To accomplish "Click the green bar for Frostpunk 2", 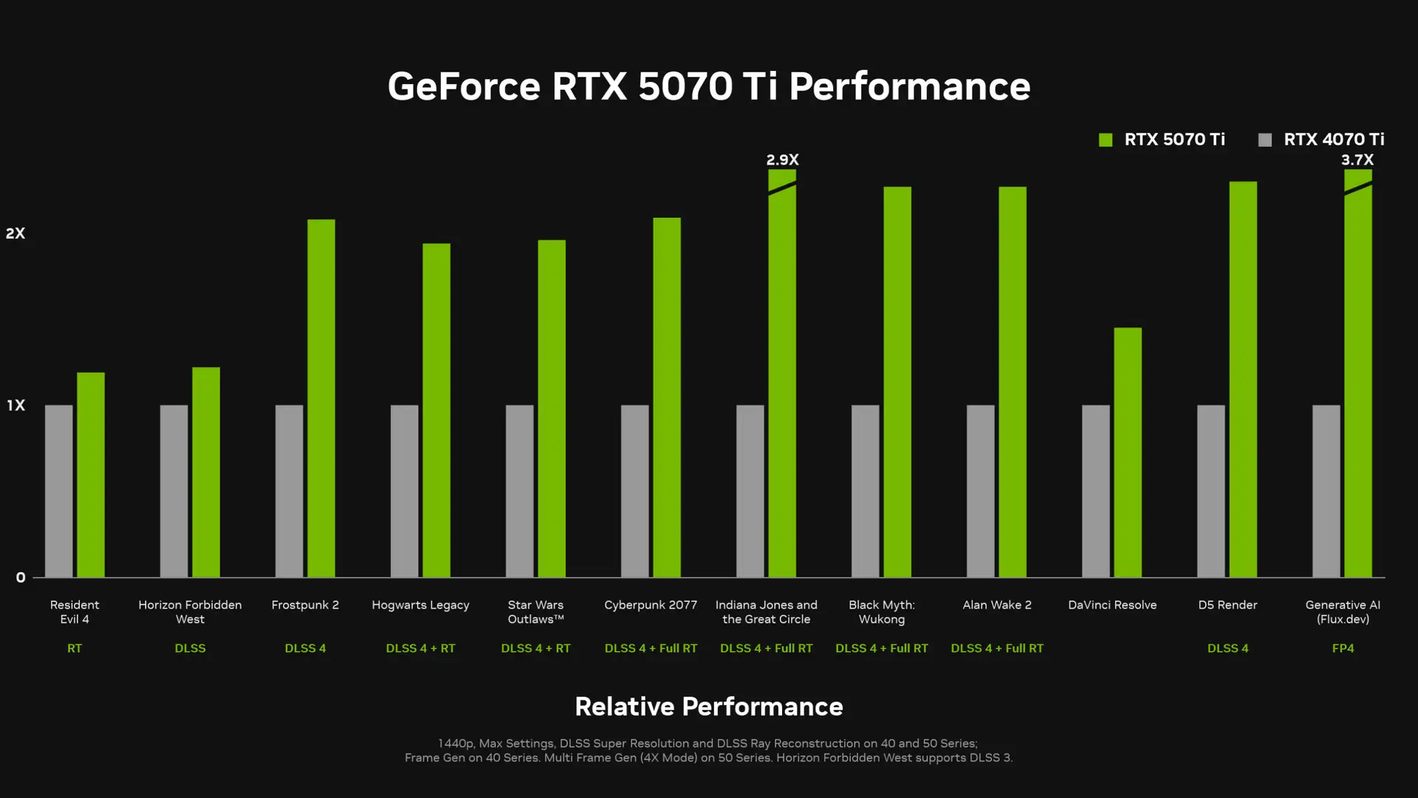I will [321, 399].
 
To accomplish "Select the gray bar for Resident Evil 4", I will [59, 491].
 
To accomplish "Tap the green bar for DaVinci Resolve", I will [1128, 453].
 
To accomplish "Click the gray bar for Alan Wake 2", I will [981, 491].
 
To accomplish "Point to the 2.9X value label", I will [782, 159].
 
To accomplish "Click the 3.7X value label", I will [1357, 159].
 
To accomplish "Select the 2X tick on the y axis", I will [16, 233].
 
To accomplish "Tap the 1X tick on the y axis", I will [16, 405].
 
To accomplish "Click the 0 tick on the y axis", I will [21, 577].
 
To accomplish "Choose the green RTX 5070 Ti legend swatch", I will [1106, 140].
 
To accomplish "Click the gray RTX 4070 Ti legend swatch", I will [1265, 140].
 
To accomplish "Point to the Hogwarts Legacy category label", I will [420, 605].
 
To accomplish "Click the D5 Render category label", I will [1227, 605].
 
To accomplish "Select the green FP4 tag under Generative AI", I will [1343, 648].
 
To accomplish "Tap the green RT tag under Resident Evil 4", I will [75, 648].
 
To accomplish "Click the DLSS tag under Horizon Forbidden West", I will [190, 648].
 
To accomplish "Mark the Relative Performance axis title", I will [709, 706].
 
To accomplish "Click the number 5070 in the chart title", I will [685, 86].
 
